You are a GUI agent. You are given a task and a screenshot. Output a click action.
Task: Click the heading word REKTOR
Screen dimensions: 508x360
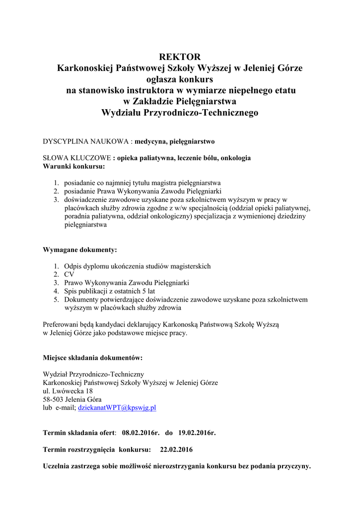coord(180,57)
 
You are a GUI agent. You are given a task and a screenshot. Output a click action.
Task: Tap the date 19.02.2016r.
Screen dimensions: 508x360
coord(197,433)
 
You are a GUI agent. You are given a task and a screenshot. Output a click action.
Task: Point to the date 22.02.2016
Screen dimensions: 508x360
coord(176,449)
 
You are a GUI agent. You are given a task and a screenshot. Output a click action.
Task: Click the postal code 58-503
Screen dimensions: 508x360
coord(53,399)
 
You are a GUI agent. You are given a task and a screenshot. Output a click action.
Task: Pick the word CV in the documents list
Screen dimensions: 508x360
coord(69,274)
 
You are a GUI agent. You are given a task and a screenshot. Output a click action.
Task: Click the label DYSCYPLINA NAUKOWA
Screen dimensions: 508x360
coord(86,141)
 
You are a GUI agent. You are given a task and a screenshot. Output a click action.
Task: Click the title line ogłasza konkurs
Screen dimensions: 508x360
coord(180,79)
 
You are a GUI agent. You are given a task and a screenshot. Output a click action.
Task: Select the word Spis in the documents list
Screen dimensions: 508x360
coord(71,291)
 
